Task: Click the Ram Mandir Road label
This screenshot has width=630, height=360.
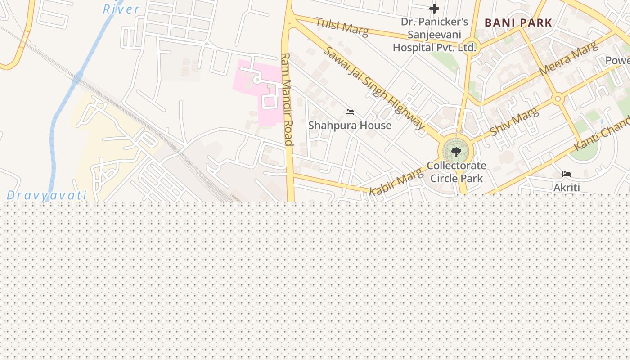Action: point(287,99)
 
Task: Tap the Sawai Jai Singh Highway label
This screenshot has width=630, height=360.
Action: point(374,88)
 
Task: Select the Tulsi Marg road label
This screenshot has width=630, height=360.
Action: point(342,27)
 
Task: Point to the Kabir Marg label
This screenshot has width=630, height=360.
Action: point(396,181)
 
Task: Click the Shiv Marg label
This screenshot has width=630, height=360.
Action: point(514,121)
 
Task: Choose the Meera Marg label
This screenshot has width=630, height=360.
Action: point(569,58)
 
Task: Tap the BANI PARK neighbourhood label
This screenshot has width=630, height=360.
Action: point(518,22)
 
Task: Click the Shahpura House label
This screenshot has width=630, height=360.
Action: point(350,125)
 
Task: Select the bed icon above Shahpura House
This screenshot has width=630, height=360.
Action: point(350,112)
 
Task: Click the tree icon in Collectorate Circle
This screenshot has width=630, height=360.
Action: point(456,152)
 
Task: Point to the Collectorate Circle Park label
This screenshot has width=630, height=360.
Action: point(456,172)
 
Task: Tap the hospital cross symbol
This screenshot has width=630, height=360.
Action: point(434,9)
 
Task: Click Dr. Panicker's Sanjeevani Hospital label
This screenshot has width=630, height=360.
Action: point(434,35)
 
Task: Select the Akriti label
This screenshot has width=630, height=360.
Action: point(567,187)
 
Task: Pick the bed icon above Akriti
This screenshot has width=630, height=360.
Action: point(567,174)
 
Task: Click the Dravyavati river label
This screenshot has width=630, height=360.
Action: point(47,195)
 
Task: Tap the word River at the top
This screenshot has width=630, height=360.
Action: point(121,9)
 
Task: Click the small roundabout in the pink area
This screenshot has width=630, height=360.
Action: point(257,80)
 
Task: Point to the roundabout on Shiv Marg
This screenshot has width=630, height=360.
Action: point(558,99)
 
